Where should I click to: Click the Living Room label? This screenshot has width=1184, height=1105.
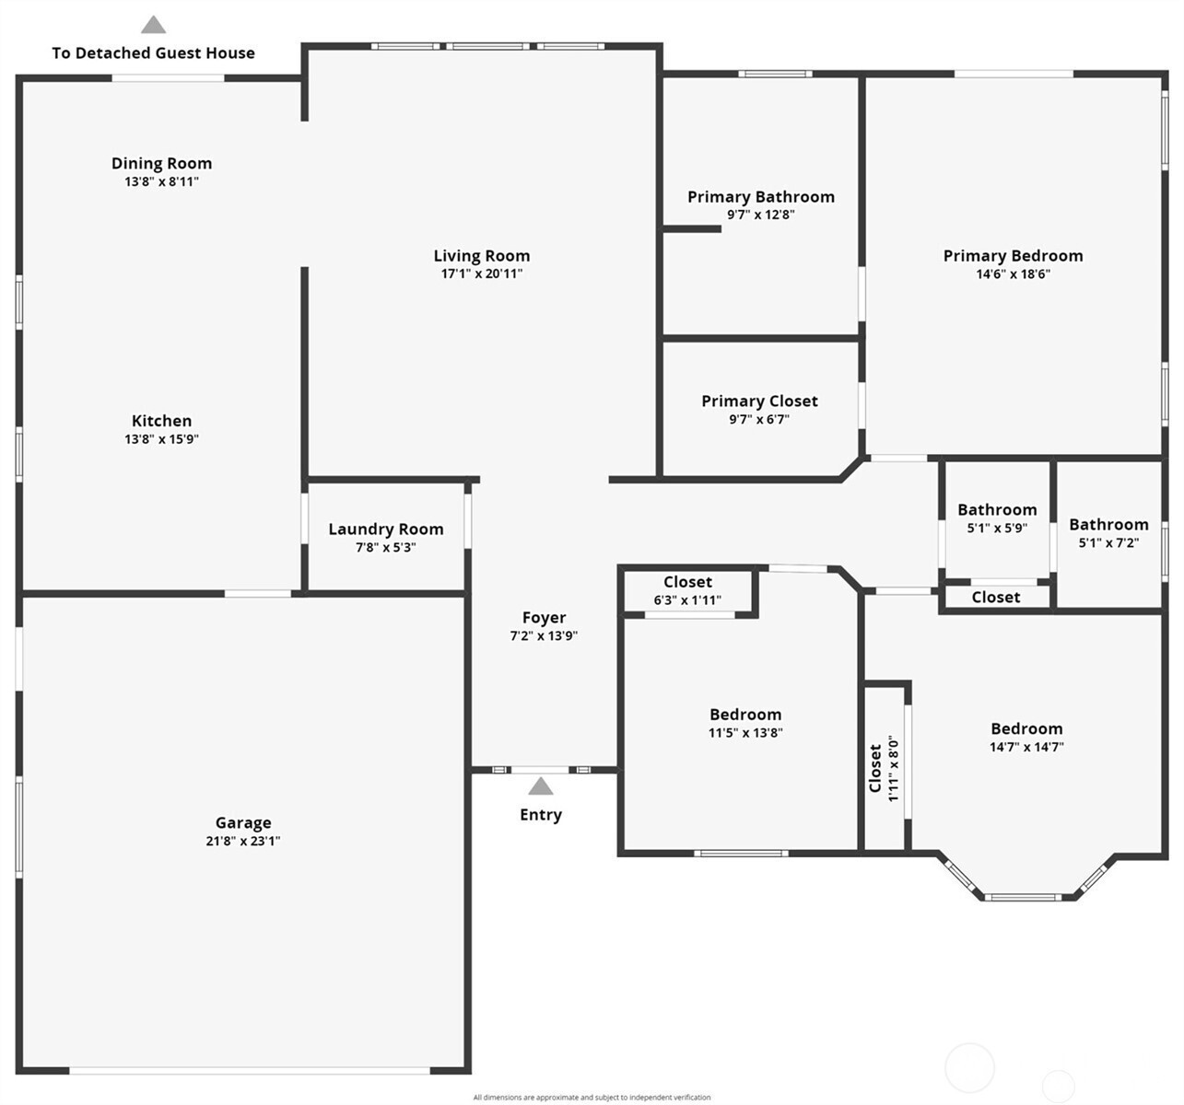coord(482,256)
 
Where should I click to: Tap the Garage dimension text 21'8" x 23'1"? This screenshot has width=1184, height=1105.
coord(243,841)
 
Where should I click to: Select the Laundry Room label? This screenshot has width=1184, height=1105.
coord(386,529)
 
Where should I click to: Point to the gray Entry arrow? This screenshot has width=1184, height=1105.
coord(541,786)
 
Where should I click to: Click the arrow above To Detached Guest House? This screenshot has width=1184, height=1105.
coord(153,25)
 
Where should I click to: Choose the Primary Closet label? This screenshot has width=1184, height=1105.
coord(759,401)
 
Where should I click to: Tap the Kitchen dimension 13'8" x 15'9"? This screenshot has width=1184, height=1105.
coord(161,439)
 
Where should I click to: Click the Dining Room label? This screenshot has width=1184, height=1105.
coord(161,163)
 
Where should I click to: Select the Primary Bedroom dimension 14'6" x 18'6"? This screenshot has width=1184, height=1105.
coord(1014,274)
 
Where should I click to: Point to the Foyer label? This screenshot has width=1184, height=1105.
coord(545,618)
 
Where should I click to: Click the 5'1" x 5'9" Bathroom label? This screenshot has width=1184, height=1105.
coord(997,509)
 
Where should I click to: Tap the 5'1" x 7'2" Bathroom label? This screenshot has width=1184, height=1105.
coord(1108,525)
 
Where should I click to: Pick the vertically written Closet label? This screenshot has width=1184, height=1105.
coord(875,768)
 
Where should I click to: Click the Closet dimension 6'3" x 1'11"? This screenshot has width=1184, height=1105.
coord(688,600)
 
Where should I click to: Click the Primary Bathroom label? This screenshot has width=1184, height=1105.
coord(761,197)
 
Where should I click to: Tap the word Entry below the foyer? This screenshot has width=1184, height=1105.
coord(541,815)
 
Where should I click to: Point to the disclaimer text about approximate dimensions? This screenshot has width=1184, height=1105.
coord(592,1098)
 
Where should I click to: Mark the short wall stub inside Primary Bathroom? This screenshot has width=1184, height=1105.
coord(692,229)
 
